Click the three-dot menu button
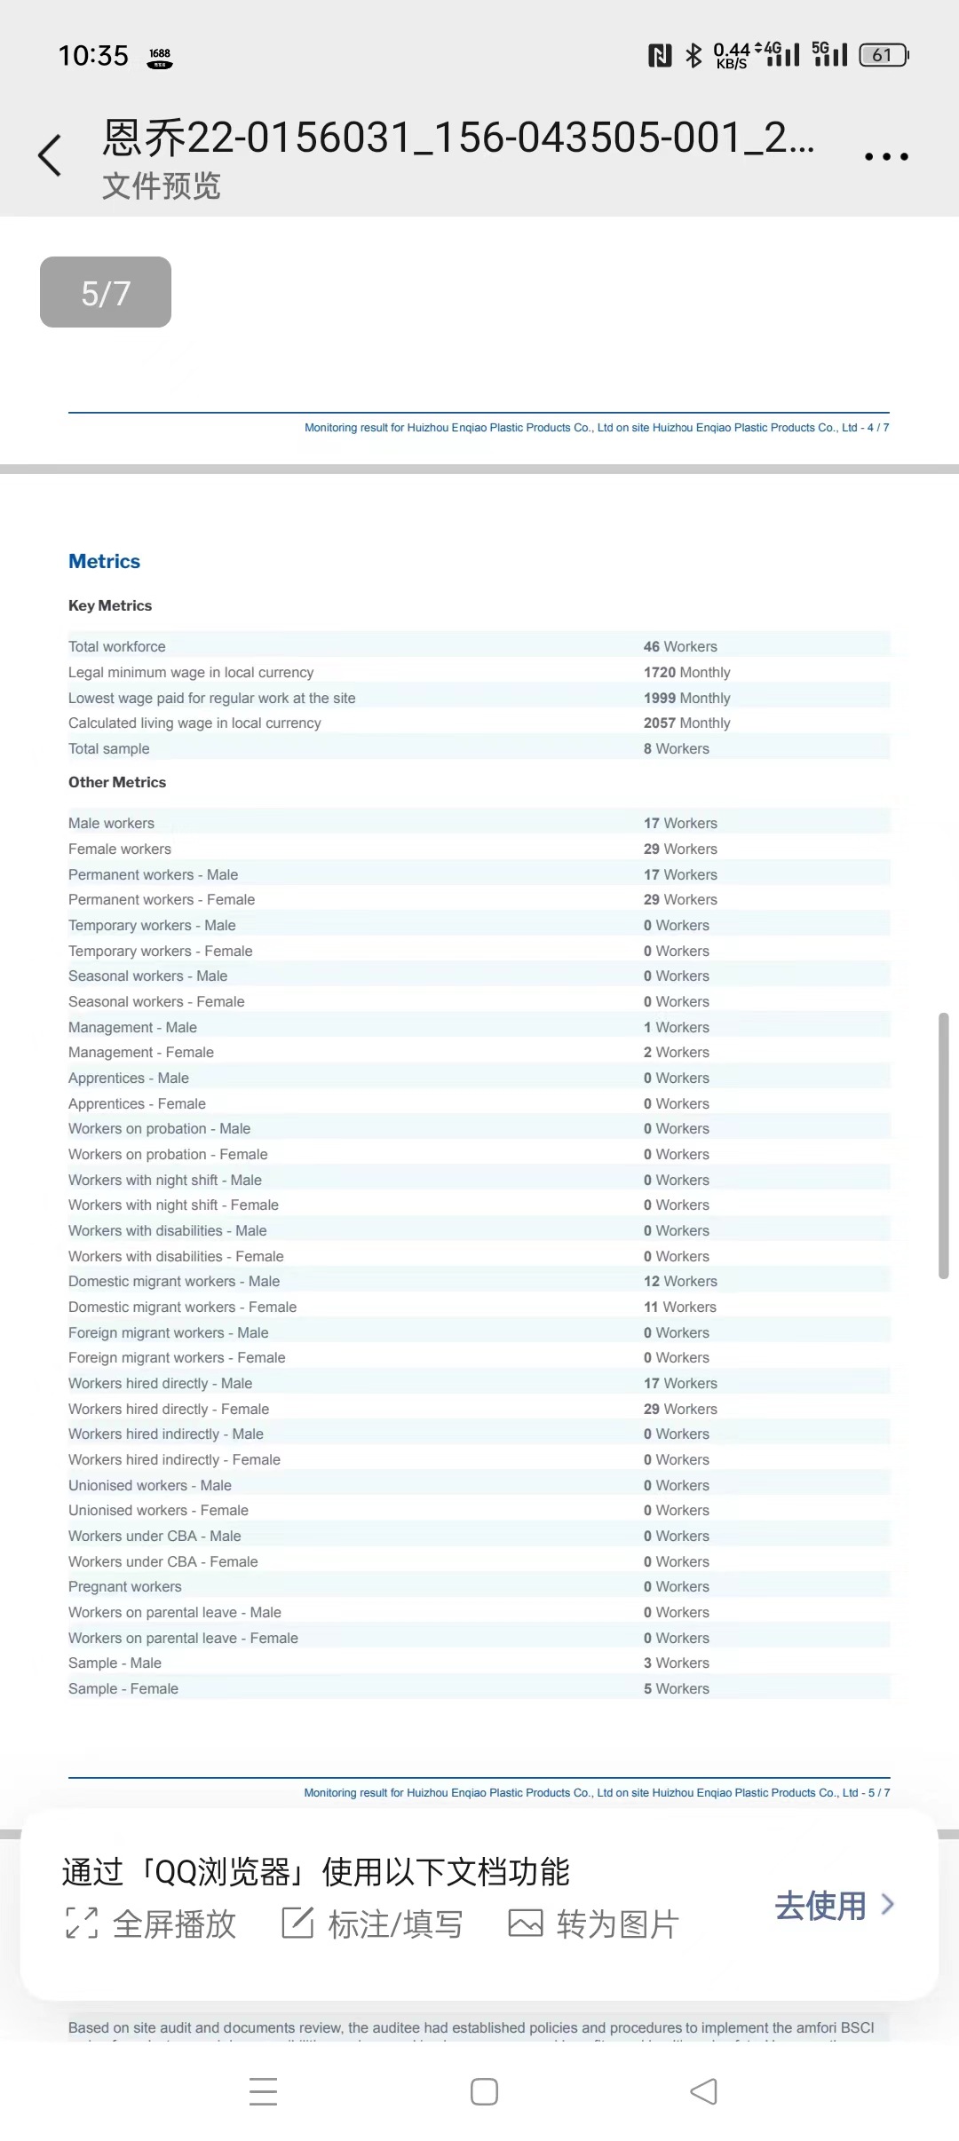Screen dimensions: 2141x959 886,157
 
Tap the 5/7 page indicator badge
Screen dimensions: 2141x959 106,292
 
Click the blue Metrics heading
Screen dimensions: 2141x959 104,561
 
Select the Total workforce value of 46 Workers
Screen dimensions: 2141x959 680,646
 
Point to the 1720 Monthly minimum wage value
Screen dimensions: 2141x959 686,672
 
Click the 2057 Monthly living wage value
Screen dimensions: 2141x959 686,723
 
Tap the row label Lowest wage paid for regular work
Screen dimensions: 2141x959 211,698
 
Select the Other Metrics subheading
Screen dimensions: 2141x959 117,782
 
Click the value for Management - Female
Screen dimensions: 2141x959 676,1052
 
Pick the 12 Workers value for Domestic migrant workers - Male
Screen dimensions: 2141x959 680,1281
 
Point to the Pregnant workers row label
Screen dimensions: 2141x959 124,1586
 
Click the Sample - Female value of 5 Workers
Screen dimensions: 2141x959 676,1688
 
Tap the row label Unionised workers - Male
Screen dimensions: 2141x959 149,1485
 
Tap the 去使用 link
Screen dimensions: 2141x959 833,1906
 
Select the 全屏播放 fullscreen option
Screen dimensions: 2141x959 151,1924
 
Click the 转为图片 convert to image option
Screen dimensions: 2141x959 593,1924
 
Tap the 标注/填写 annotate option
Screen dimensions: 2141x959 373,1924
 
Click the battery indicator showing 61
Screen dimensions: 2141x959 884,55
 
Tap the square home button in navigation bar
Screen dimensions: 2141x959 484,2091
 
